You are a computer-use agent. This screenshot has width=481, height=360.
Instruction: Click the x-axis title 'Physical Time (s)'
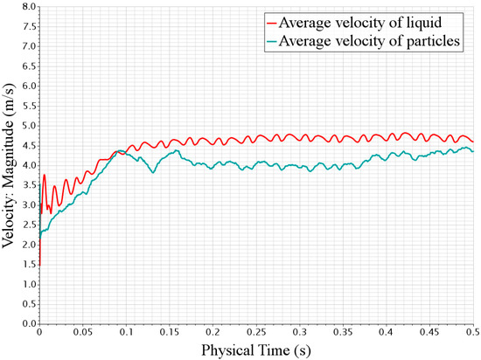(x=255, y=350)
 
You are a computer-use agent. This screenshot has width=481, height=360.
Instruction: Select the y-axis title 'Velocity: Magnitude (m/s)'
(x=10, y=164)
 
